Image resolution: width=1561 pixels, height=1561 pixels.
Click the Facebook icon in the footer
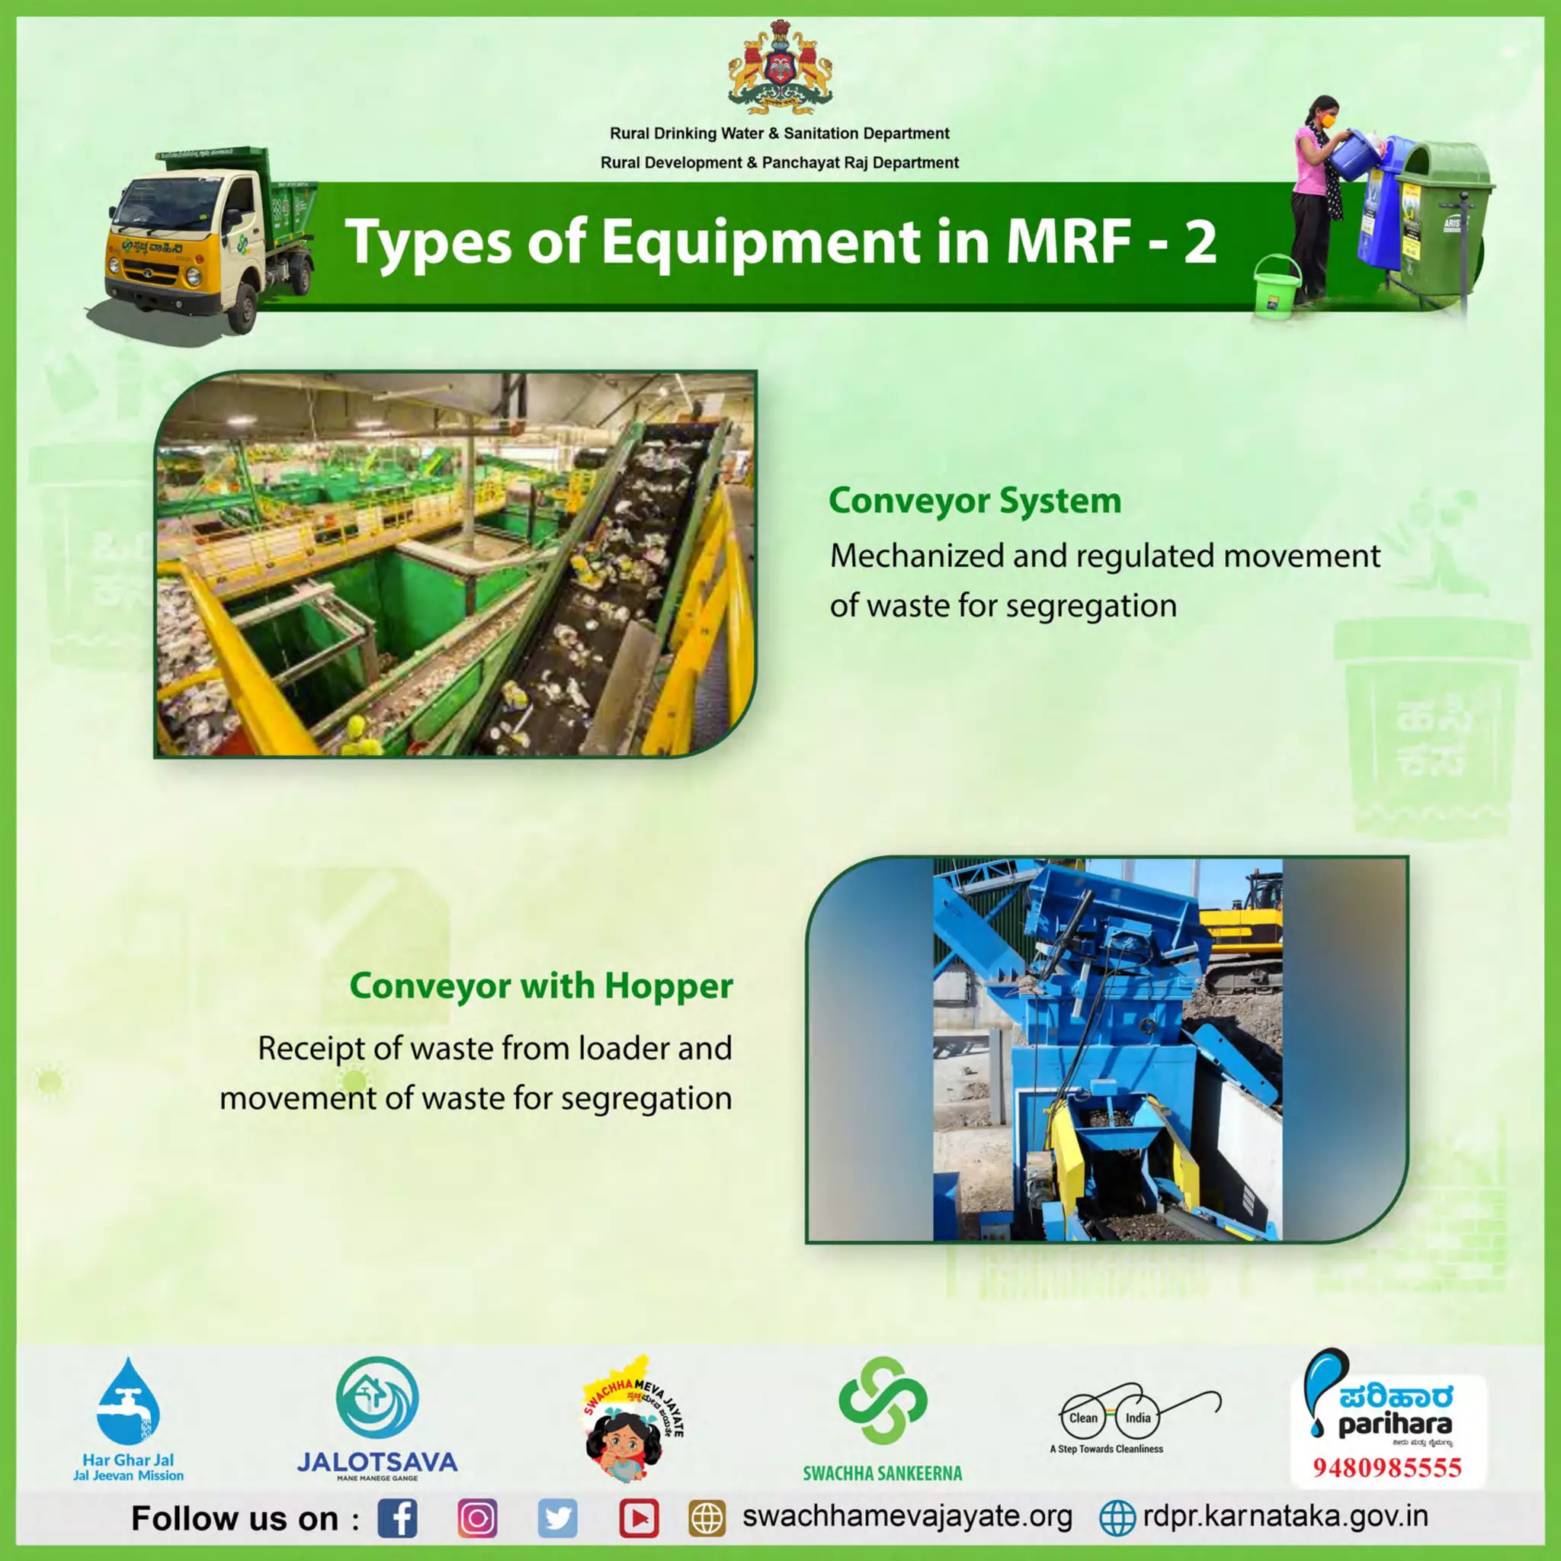[x=398, y=1518]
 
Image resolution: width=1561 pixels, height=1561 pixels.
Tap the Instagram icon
[x=477, y=1518]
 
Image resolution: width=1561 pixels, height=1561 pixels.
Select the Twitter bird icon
[x=557, y=1518]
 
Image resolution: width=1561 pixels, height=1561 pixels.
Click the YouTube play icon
[x=638, y=1518]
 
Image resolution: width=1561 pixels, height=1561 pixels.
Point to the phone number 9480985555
[x=1386, y=1466]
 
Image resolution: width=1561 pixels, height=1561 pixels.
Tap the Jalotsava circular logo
[x=377, y=1399]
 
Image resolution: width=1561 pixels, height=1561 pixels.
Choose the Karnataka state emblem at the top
[x=780, y=69]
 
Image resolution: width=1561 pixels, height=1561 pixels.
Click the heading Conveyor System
[x=974, y=501]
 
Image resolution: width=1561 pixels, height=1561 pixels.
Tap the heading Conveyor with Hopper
[x=541, y=986]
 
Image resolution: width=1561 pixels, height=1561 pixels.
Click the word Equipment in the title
[x=759, y=242]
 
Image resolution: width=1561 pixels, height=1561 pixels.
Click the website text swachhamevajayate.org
[x=906, y=1517]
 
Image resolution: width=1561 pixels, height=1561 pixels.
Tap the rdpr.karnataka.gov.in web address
[x=1284, y=1517]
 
